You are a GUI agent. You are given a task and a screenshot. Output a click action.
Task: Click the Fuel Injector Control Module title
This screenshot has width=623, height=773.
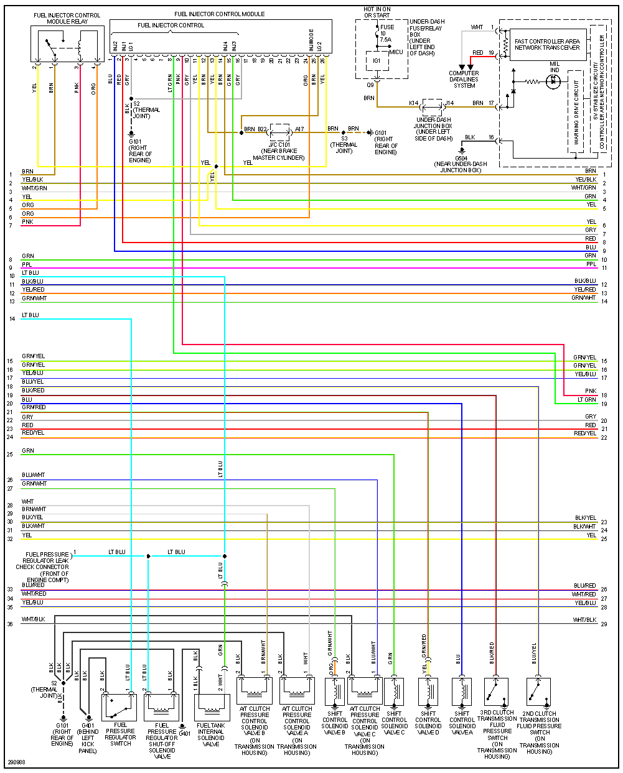click(x=219, y=14)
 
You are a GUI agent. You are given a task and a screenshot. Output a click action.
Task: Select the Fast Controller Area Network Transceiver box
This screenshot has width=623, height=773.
click(x=547, y=45)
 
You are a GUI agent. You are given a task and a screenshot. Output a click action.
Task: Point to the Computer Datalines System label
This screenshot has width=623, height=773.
click(x=464, y=79)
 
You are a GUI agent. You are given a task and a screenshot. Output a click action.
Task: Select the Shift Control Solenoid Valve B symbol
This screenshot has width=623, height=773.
click(x=334, y=691)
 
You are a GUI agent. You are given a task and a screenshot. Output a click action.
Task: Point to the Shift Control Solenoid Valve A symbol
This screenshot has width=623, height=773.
click(x=462, y=692)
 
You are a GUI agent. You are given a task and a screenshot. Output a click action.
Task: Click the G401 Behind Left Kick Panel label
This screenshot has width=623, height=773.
click(x=88, y=738)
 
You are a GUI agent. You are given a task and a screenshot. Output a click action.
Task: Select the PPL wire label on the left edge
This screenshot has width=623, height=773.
click(x=26, y=264)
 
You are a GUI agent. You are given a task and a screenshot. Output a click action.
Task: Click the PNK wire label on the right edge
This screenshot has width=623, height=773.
click(x=590, y=391)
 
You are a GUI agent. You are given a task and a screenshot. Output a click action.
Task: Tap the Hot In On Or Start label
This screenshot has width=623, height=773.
click(x=377, y=12)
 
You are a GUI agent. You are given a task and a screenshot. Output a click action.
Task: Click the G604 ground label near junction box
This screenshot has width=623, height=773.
click(x=461, y=164)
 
